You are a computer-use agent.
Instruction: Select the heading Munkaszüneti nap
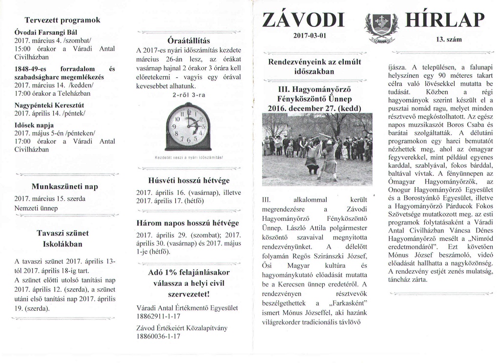(x=65, y=187)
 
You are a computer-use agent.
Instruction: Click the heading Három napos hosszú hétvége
(x=188, y=223)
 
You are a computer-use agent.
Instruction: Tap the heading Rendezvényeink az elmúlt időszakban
(x=314, y=67)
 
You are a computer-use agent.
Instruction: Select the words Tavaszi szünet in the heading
(x=63, y=233)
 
